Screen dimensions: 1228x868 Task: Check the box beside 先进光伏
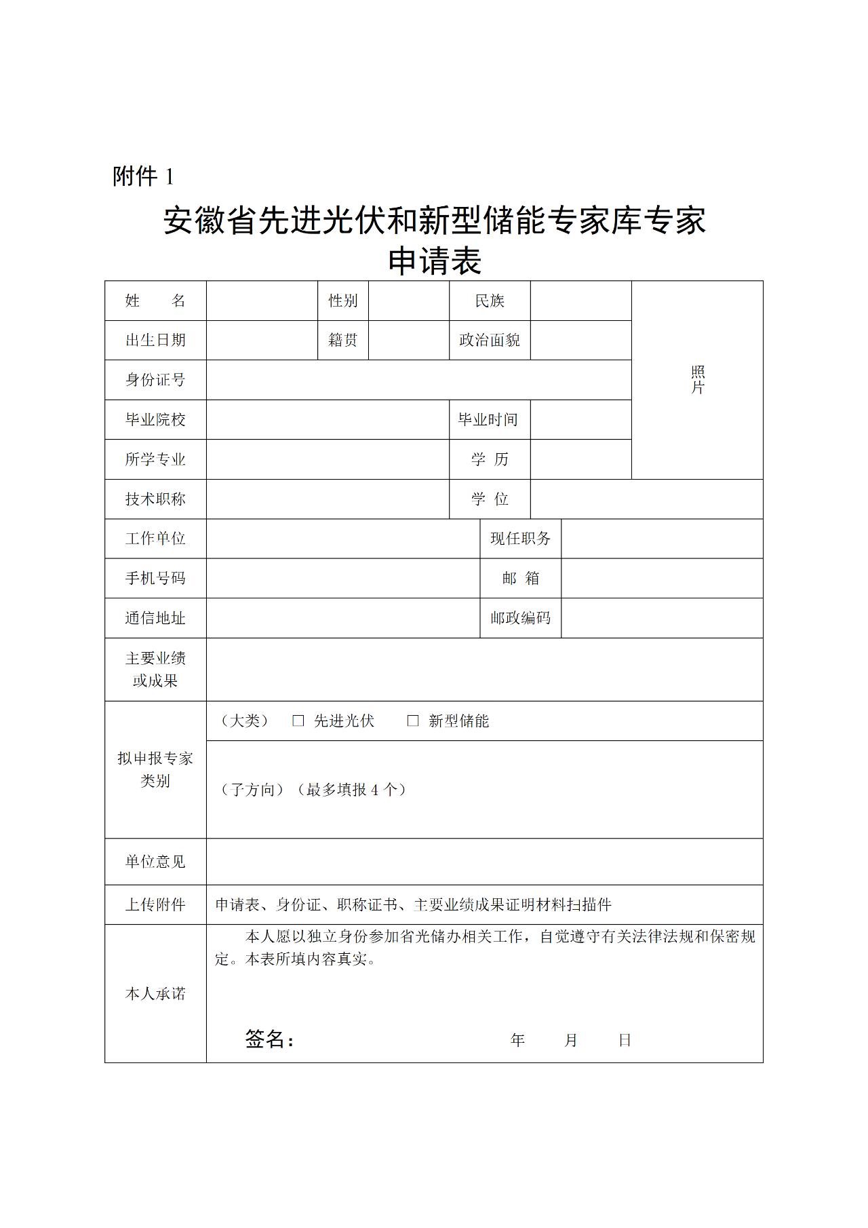[298, 721]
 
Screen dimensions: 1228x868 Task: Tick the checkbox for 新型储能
[412, 721]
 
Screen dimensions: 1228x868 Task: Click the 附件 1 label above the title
[143, 176]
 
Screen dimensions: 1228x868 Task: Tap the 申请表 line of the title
[434, 261]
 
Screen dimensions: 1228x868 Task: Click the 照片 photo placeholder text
[698, 380]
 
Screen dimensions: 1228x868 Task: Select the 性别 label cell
[343, 301]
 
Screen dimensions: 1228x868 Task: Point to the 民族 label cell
[490, 301]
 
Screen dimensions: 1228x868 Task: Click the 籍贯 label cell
[343, 340]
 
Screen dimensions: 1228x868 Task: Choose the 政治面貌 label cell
[490, 340]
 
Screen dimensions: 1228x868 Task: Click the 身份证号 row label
[155, 380]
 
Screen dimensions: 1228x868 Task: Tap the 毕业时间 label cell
[488, 419]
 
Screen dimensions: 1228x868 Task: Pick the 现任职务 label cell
[520, 539]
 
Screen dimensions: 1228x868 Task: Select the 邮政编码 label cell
[520, 618]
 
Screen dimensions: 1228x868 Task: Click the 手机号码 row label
[155, 578]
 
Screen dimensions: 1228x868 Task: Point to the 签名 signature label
[269, 1039]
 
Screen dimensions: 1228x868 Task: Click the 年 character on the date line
[517, 1040]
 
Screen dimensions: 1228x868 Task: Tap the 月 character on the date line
[571, 1040]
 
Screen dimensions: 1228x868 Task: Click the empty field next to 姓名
[262, 301]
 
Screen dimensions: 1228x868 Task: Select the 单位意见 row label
[155, 862]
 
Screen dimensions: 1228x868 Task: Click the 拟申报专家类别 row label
[155, 769]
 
